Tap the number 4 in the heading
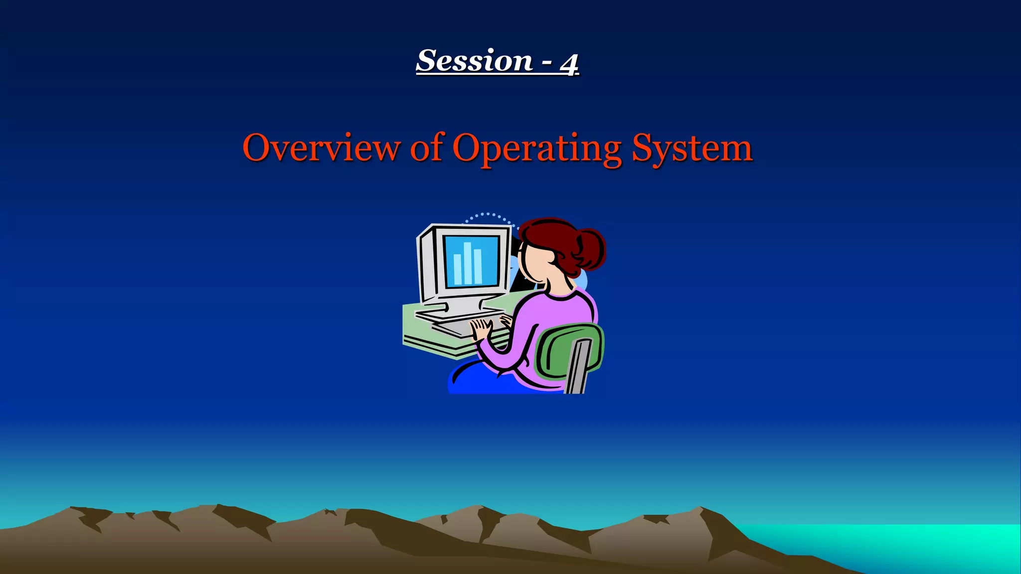tap(569, 64)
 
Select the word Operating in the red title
tap(537, 148)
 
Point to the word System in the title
tap(692, 148)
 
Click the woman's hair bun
tap(592, 248)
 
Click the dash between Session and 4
tap(547, 62)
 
